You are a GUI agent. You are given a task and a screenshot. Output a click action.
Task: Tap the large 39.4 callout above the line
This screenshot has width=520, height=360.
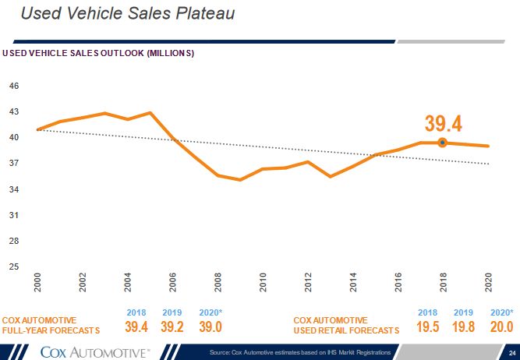[444, 123]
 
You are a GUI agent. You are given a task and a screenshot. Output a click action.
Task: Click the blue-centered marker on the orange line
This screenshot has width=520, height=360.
[443, 143]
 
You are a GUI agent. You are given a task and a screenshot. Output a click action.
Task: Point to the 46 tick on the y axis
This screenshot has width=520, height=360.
[14, 86]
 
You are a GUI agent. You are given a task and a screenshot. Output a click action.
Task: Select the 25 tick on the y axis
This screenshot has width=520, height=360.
[14, 266]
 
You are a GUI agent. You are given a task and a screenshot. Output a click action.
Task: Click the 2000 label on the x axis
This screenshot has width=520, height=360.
[37, 284]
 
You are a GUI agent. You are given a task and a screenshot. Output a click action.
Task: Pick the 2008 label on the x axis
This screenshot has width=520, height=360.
[218, 284]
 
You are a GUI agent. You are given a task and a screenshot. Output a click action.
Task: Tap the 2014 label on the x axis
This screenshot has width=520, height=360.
[354, 284]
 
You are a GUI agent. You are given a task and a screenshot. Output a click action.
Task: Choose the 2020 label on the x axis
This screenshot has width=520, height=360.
[489, 284]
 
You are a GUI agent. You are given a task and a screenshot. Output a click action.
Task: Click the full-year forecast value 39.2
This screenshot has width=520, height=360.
[172, 327]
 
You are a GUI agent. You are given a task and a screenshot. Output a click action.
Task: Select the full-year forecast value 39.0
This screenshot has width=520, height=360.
[210, 327]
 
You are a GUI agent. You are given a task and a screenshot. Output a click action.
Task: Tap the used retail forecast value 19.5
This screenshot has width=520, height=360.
[427, 327]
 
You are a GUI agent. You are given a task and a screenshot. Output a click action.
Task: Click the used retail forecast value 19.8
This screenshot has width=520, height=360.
[463, 327]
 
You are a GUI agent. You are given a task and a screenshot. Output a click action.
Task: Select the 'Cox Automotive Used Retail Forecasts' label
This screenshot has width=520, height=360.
[346, 325]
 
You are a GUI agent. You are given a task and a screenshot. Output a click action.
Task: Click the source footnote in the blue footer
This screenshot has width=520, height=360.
[300, 354]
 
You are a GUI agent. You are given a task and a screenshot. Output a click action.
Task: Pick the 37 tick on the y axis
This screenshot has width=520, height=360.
[14, 163]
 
